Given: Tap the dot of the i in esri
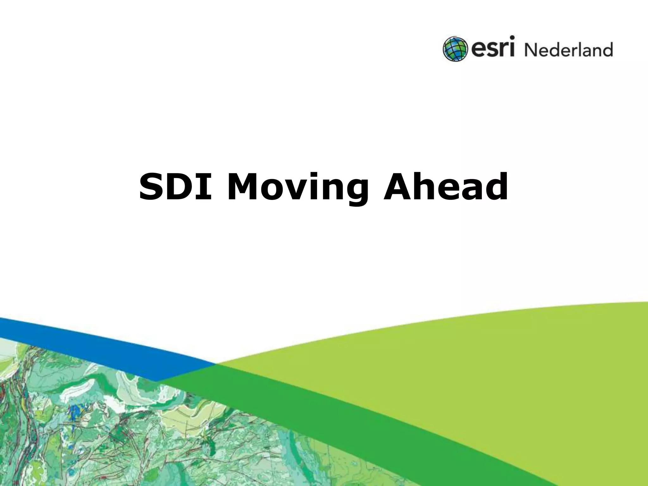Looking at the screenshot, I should click(512, 39).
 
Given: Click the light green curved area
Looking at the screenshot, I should click(506, 364).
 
